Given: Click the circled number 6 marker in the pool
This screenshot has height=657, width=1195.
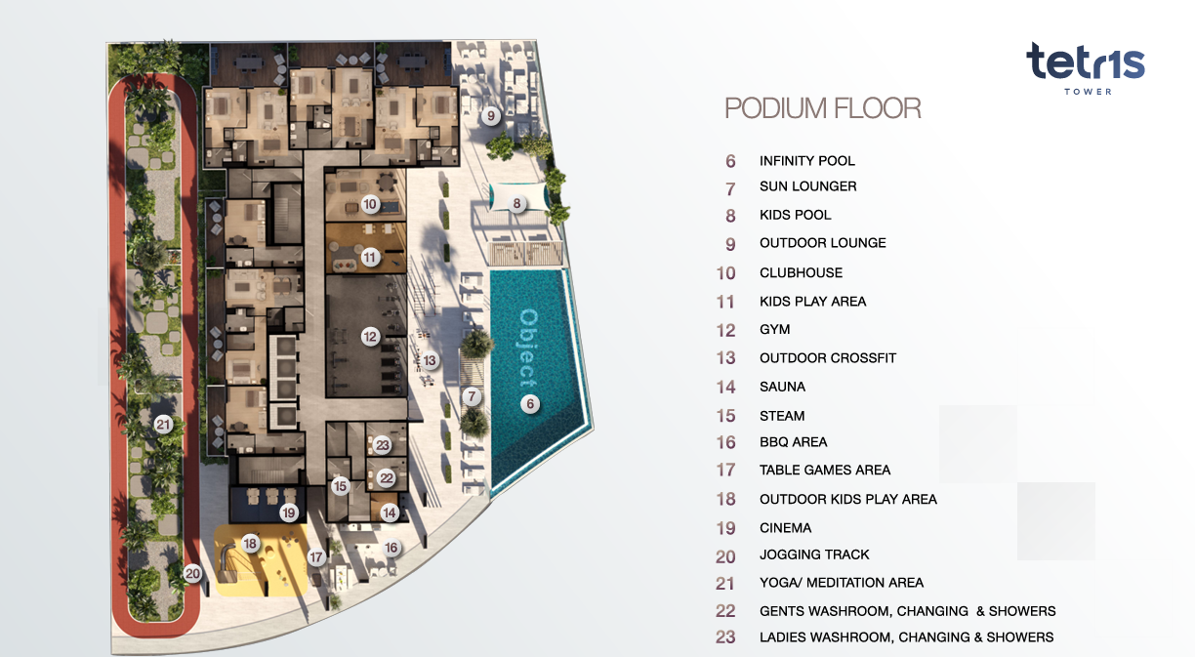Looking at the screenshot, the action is (530, 404).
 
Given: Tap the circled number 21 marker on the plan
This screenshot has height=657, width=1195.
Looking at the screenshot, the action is (163, 425).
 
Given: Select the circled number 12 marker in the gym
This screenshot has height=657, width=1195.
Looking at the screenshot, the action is (370, 337).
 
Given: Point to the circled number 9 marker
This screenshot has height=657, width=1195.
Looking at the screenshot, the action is (491, 116).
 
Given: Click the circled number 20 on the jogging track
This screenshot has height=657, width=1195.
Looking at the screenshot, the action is (192, 574).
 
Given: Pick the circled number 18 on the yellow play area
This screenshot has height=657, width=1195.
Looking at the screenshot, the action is (250, 544).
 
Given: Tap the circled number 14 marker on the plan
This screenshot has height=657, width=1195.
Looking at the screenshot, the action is (390, 513).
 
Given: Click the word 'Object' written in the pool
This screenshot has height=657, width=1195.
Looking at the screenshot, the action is (528, 348).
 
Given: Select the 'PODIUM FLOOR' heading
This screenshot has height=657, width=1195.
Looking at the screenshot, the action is (823, 108).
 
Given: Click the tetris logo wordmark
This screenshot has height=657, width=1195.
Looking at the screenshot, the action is (1085, 62).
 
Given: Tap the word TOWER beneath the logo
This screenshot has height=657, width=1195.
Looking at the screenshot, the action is (1088, 92).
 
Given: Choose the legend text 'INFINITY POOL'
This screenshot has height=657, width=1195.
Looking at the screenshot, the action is (807, 160).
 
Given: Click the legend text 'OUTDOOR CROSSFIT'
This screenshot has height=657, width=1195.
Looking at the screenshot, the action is (828, 358).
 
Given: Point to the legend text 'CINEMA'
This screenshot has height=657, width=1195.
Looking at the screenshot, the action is (785, 528).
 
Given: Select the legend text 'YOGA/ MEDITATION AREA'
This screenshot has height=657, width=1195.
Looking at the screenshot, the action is (842, 583).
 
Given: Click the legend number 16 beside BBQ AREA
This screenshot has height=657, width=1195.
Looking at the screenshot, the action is (725, 442).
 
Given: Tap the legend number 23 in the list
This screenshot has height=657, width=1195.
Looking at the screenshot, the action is (725, 637).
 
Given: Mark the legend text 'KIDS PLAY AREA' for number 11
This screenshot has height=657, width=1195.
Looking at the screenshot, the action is (812, 302).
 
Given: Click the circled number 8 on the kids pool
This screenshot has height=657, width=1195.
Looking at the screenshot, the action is (516, 203).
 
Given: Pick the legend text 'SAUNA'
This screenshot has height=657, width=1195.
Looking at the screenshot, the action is (782, 387).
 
